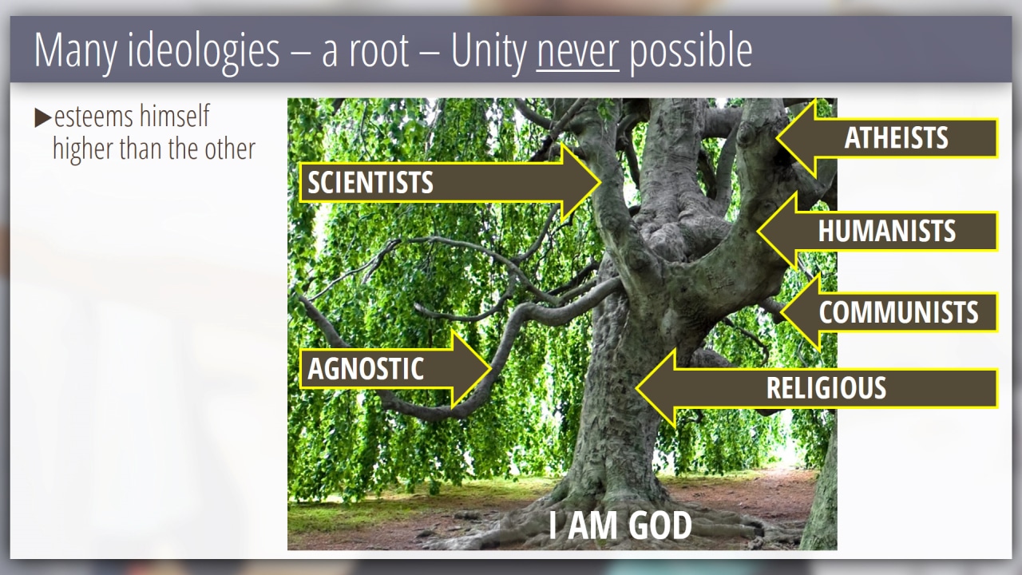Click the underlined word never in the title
pyautogui.click(x=577, y=51)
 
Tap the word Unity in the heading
pyautogui.click(x=489, y=51)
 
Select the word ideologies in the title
pyautogui.click(x=204, y=51)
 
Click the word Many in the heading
pyautogui.click(x=75, y=51)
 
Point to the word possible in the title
pyautogui.click(x=691, y=51)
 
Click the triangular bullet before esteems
pyautogui.click(x=43, y=117)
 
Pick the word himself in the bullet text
pyautogui.click(x=174, y=116)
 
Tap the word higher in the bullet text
pyautogui.click(x=82, y=149)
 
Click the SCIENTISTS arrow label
pyautogui.click(x=370, y=183)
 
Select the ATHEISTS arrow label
pyautogui.click(x=896, y=138)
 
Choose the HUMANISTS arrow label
pyautogui.click(x=886, y=231)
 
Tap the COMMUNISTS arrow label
pyautogui.click(x=898, y=312)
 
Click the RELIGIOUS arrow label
pyautogui.click(x=826, y=388)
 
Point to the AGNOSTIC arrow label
pyautogui.click(x=366, y=368)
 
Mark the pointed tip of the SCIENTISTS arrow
pyautogui.click(x=600, y=183)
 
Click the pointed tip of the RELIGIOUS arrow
pyautogui.click(x=637, y=388)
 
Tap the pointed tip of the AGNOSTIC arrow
pyautogui.click(x=490, y=368)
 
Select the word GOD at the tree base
pyautogui.click(x=660, y=525)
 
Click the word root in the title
pyautogui.click(x=378, y=52)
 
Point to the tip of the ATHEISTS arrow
pyautogui.click(x=778, y=138)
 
